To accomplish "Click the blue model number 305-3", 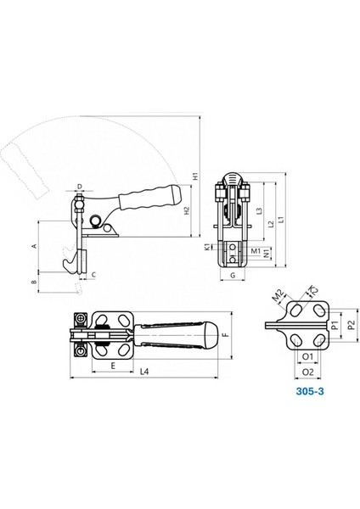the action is [x=310, y=391].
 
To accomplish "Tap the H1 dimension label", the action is [x=195, y=176].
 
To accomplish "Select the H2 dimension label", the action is [x=187, y=210].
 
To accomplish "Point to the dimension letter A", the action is [x=33, y=246].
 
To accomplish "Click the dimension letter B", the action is [x=33, y=282].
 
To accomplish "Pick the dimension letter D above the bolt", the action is [x=80, y=186].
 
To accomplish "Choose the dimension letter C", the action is [x=93, y=275].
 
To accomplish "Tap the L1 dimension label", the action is [x=282, y=220].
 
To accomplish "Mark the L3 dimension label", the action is [x=259, y=211].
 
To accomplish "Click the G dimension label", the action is [x=233, y=275].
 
